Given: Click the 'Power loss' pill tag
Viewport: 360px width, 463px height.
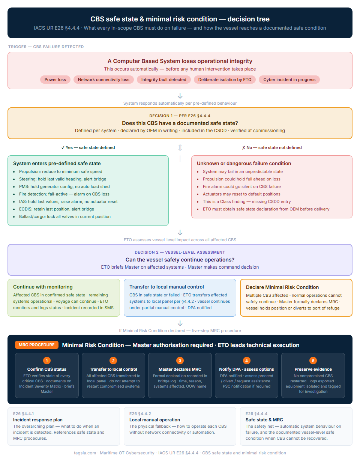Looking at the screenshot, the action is pos(55,80).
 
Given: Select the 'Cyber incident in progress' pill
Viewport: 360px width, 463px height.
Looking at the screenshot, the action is pos(289,80).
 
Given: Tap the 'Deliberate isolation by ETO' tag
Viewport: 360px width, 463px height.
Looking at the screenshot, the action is pos(225,80).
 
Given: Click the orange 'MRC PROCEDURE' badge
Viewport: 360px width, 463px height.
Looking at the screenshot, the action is pos(37,345).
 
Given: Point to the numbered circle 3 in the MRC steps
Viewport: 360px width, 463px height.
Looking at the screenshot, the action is pos(180,361).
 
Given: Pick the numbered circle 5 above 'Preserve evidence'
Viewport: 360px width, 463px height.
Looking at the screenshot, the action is pos(313,361).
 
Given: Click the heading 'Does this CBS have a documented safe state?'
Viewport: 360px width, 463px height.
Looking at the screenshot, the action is pos(180,123).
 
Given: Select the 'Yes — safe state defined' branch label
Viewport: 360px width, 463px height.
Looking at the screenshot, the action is pos(88,147).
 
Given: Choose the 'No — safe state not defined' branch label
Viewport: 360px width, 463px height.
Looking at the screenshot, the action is pos(272,147).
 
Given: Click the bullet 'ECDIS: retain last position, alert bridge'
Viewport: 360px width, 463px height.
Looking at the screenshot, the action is pos(56,209).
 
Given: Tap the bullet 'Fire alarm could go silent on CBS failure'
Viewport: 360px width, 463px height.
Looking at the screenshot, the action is pos(241,186).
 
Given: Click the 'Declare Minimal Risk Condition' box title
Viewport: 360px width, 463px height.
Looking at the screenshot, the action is pos(282,287).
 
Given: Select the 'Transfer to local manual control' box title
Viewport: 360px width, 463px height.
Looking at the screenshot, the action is pos(166,287).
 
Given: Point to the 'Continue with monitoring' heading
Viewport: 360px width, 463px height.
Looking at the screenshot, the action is pos(43,287).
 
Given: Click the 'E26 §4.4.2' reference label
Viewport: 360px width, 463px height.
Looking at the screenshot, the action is pos(140,413).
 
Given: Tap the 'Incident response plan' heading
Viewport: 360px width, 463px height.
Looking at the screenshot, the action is pos(37,420).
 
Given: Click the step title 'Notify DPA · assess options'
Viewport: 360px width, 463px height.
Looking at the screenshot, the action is pos(246,369).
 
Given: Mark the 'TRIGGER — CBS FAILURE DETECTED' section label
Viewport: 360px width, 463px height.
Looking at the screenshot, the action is pos(46,47).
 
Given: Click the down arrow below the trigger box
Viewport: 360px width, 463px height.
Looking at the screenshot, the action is pos(180,96).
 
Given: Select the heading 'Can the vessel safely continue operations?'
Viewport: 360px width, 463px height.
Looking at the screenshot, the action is pos(180,260).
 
